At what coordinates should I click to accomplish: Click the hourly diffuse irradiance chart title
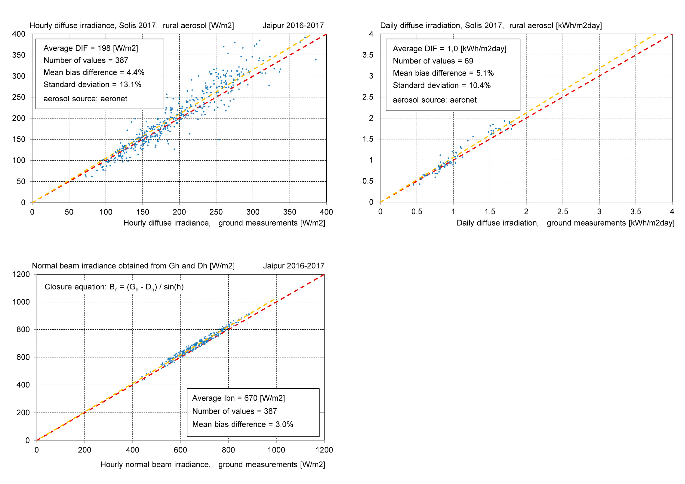[132, 26]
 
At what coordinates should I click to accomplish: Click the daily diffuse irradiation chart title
[491, 26]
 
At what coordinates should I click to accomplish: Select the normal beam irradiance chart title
[133, 266]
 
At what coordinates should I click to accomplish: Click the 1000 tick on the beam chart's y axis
[21, 302]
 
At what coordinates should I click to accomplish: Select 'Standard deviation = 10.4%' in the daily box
[442, 86]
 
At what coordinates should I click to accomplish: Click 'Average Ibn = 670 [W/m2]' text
[238, 398]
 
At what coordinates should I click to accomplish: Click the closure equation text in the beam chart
[114, 287]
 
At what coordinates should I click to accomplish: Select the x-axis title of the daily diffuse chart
[565, 223]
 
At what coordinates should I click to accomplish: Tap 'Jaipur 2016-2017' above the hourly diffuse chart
[293, 26]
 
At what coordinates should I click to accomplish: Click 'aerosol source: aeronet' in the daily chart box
[434, 100]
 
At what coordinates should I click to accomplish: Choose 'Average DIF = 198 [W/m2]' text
[91, 48]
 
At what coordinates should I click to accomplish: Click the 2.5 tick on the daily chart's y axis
[368, 97]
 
